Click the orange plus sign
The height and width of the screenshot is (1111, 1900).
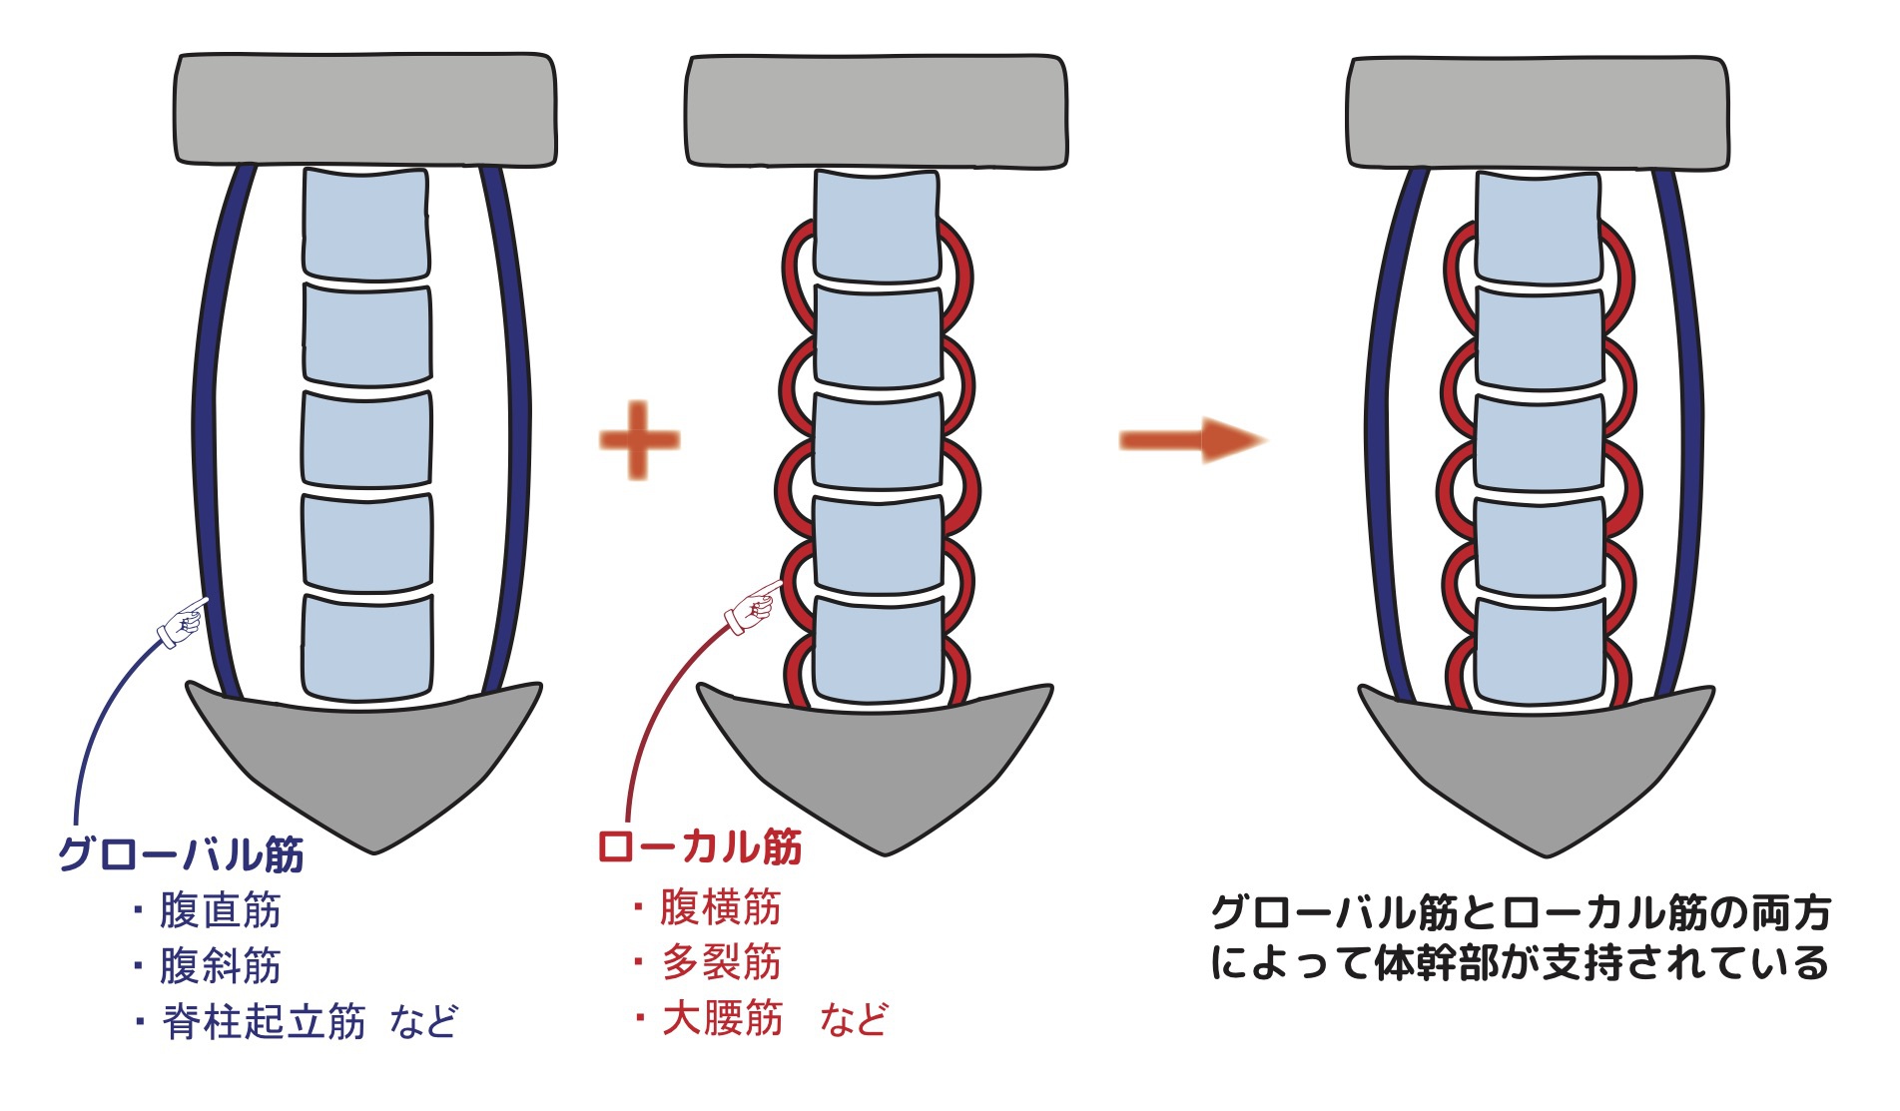click(x=639, y=439)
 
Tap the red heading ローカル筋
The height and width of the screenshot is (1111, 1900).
click(x=699, y=847)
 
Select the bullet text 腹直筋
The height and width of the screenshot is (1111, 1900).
click(x=221, y=910)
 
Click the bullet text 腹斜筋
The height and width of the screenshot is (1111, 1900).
click(x=221, y=966)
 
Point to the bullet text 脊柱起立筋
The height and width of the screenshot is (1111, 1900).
click(x=265, y=1022)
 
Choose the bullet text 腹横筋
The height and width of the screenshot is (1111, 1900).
click(x=720, y=907)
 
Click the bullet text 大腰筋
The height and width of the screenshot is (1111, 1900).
click(x=722, y=1018)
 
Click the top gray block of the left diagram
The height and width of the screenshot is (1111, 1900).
click(x=365, y=109)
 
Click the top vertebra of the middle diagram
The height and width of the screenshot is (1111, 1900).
click(x=877, y=226)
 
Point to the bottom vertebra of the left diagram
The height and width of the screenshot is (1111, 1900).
click(x=367, y=647)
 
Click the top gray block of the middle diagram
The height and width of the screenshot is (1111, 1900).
click(x=877, y=110)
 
